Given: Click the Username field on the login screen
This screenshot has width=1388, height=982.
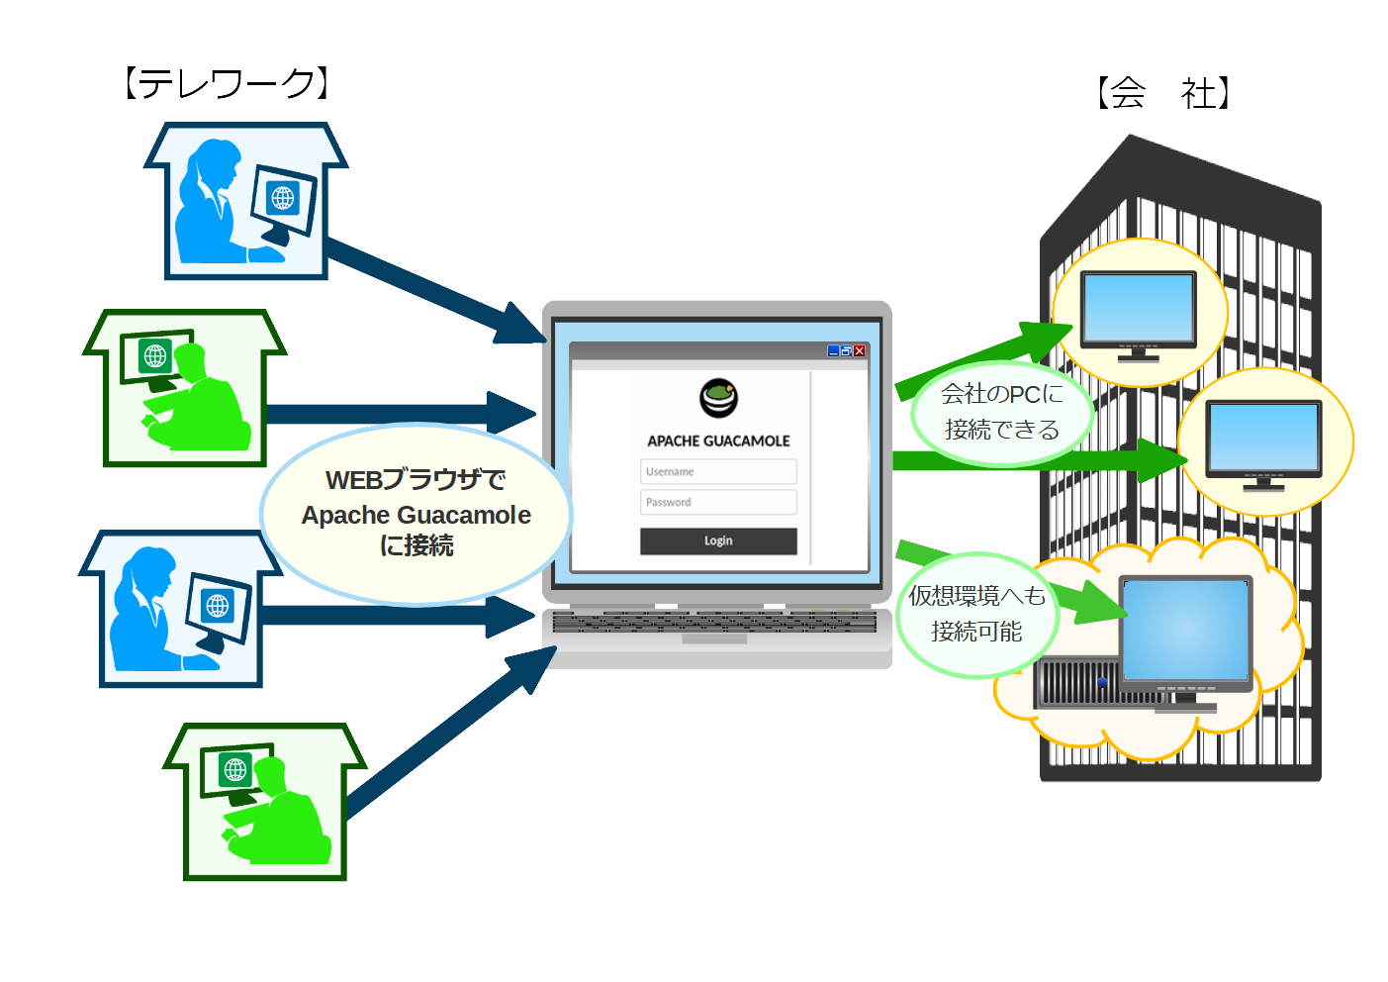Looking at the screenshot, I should [718, 471].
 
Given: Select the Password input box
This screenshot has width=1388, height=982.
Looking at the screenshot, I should [718, 502].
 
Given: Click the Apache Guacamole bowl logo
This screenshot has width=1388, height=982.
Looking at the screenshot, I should [719, 398].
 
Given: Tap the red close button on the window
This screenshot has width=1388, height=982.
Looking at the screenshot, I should [860, 350].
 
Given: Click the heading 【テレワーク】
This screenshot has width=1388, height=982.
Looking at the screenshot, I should [227, 84].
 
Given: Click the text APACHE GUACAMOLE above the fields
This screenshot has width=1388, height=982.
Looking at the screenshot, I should [718, 441].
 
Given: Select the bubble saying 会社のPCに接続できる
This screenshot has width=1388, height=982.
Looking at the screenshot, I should [1001, 412].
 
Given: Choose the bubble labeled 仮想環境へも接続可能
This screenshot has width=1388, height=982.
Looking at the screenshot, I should [976, 614].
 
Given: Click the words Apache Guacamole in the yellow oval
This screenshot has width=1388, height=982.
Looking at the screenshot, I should [416, 515].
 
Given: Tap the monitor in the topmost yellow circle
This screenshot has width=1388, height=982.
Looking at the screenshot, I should [1138, 309].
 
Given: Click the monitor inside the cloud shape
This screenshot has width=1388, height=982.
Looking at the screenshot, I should [1185, 632].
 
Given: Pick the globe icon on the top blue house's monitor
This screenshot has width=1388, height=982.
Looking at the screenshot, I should [283, 198].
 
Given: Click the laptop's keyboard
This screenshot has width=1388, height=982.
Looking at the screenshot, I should [714, 622].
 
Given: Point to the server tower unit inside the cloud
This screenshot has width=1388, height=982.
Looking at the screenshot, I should [1076, 683].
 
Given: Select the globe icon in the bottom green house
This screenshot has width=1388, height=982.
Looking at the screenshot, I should [235, 768].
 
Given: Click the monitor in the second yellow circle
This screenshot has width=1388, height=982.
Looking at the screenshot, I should [1263, 438].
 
